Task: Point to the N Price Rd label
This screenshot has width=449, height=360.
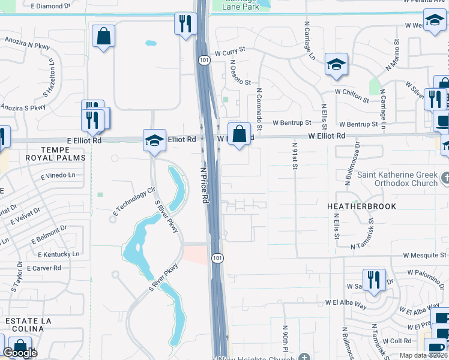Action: (x=203, y=184)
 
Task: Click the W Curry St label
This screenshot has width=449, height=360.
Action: (x=235, y=53)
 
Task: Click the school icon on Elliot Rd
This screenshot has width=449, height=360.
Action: (x=154, y=141)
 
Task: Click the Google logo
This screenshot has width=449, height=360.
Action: (x=20, y=353)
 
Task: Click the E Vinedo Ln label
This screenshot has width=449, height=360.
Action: (x=58, y=176)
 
